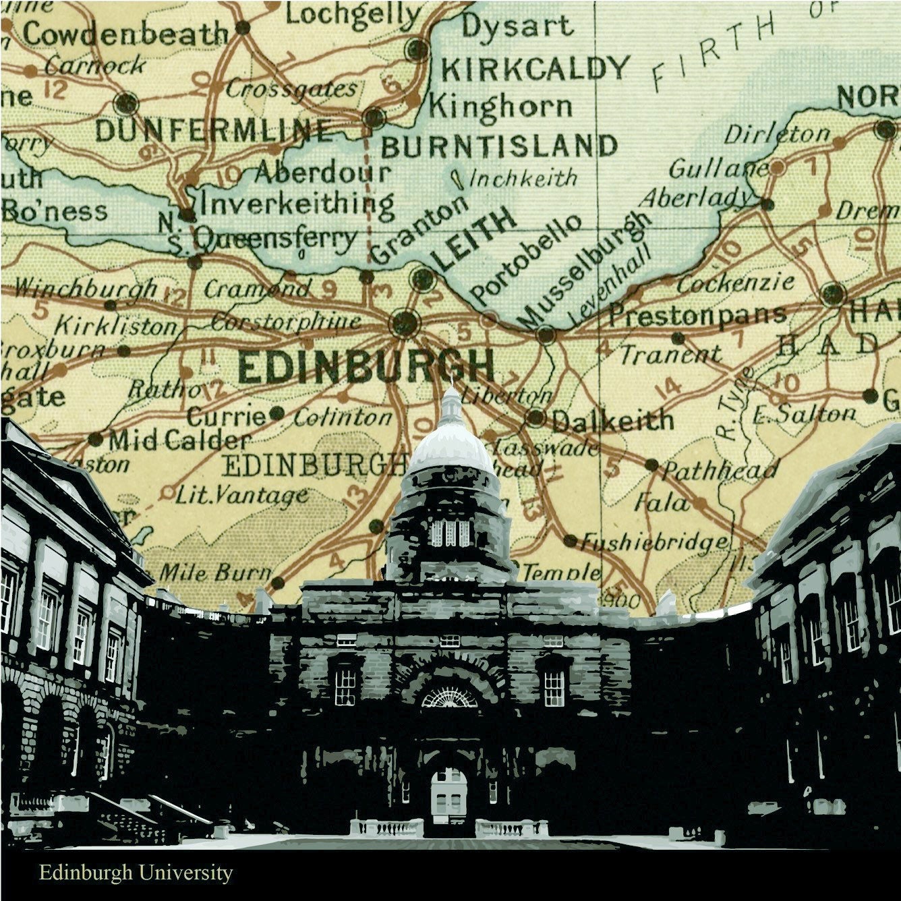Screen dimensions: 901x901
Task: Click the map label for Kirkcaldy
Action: click(x=534, y=69)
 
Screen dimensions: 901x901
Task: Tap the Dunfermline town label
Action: click(x=214, y=131)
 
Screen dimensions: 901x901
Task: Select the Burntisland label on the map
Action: click(x=499, y=146)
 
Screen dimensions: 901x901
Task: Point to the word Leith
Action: click(x=475, y=239)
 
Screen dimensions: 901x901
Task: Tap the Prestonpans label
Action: click(x=697, y=314)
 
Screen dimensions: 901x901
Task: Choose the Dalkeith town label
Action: click(x=612, y=422)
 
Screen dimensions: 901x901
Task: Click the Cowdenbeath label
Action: click(x=125, y=34)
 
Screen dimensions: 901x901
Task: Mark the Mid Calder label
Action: click(x=179, y=441)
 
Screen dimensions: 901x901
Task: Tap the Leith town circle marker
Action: click(x=423, y=278)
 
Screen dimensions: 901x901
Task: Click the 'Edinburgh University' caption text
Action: click(x=136, y=873)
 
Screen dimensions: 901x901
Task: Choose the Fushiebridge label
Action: click(x=655, y=542)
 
